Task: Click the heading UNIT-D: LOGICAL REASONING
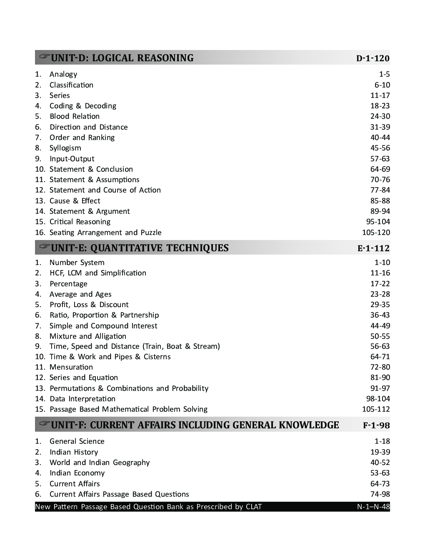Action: click(122, 58)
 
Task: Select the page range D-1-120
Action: click(372, 58)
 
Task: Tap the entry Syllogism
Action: click(65, 148)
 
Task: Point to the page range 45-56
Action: click(380, 148)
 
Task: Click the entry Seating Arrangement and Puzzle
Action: click(105, 232)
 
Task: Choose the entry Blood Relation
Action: click(75, 116)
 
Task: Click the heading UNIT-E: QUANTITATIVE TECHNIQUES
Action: click(140, 248)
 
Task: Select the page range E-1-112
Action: click(373, 248)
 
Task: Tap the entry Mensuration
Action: click(71, 367)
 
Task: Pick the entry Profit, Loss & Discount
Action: click(89, 305)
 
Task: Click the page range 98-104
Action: click(378, 399)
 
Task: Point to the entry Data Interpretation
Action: click(82, 399)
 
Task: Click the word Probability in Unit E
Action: click(190, 388)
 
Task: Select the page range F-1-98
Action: click(376, 425)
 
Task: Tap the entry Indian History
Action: click(74, 452)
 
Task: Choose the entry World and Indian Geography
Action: click(100, 462)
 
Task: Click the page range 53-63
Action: click(380, 473)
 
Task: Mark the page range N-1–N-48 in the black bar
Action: click(373, 507)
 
